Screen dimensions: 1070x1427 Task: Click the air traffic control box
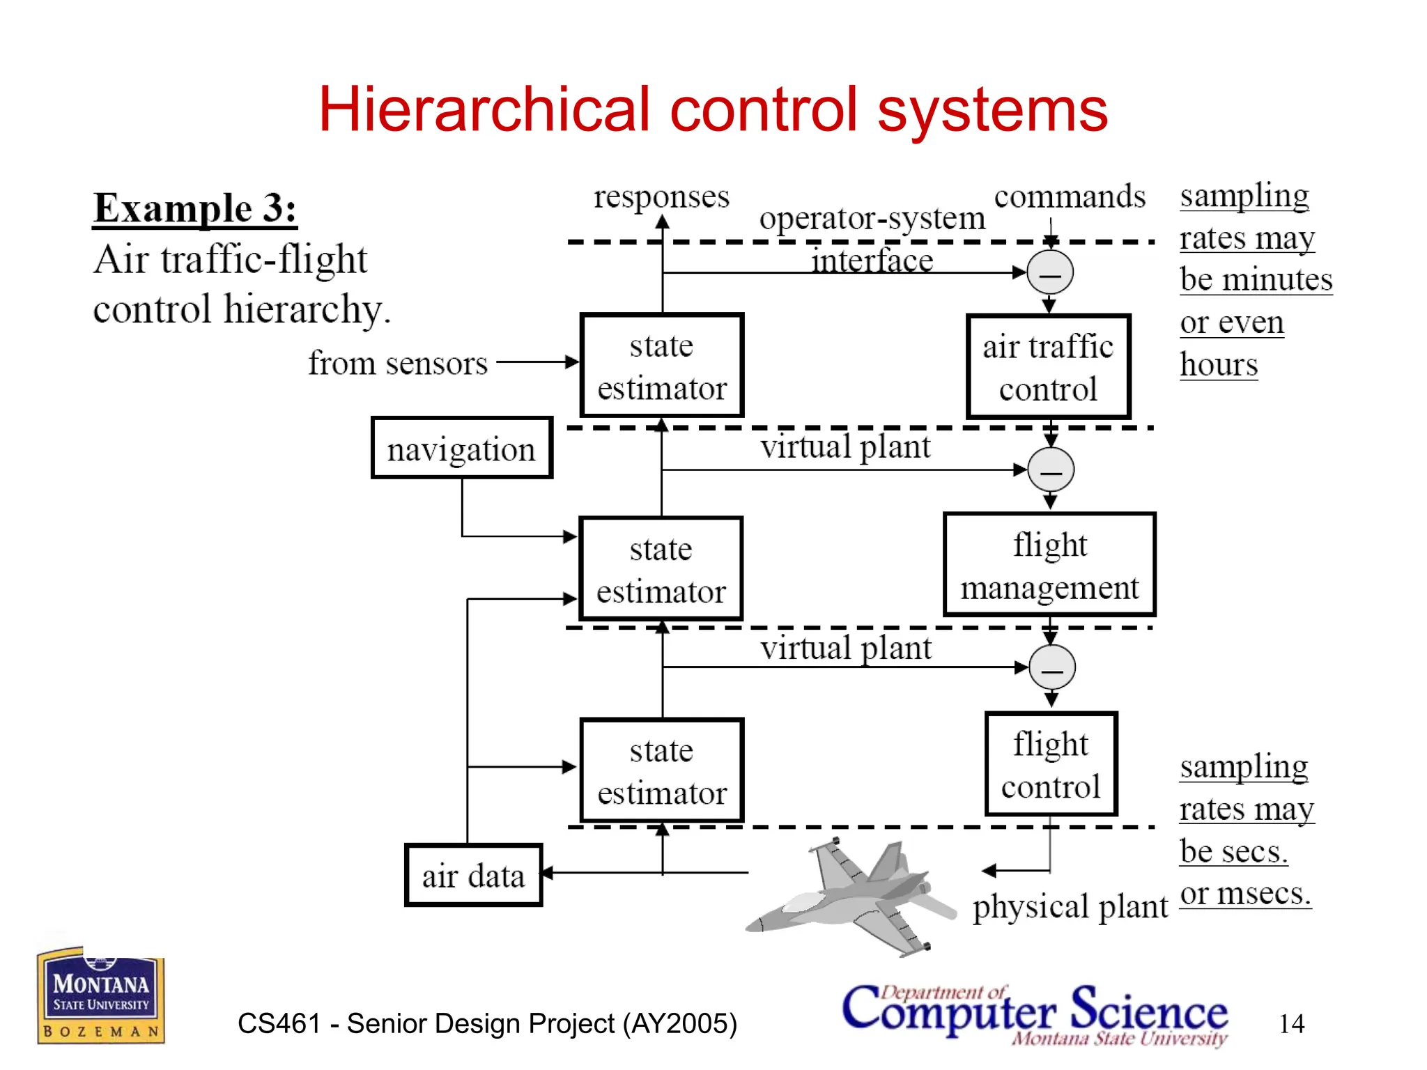(x=1048, y=367)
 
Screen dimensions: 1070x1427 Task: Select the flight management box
(x=1049, y=565)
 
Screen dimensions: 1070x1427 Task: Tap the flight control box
(x=1051, y=764)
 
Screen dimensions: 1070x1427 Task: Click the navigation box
(x=462, y=448)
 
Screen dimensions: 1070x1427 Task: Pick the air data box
(x=473, y=875)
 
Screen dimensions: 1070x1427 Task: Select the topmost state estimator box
(x=662, y=366)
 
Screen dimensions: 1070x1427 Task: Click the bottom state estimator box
(x=662, y=770)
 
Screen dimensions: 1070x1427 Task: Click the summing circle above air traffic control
(x=1050, y=272)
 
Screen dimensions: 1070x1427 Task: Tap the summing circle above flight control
(x=1052, y=667)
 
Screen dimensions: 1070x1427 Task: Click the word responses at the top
(x=661, y=196)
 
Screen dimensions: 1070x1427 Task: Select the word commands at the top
(x=1070, y=196)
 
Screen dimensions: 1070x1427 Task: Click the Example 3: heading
(x=195, y=208)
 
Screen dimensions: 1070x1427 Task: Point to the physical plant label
(x=1070, y=906)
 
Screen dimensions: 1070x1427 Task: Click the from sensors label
(x=398, y=363)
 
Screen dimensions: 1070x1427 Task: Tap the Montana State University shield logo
(x=100, y=996)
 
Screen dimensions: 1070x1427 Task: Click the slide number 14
(x=1291, y=1023)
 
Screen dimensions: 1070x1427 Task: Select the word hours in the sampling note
(x=1219, y=364)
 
